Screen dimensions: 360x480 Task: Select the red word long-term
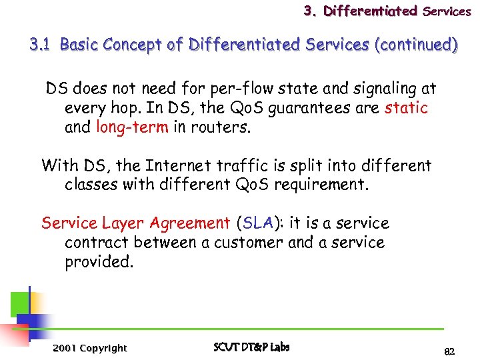pos(132,127)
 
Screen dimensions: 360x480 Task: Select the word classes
pos(91,185)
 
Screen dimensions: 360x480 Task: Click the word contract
pos(95,243)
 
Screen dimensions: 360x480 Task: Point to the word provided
pos(99,262)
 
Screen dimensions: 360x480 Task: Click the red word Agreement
pos(190,223)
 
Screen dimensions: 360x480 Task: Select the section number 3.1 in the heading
pos(41,45)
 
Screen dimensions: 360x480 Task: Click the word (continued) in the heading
pos(417,45)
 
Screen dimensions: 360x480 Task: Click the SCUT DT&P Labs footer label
pos(251,347)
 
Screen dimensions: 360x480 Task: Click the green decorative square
pos(19,303)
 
